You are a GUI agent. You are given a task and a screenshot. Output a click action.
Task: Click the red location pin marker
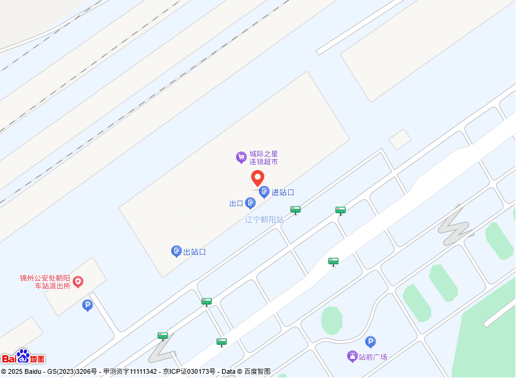pos(258,178)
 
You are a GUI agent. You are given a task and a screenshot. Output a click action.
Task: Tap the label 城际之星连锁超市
pos(264,158)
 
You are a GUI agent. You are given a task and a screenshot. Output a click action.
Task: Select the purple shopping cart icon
pos(241,157)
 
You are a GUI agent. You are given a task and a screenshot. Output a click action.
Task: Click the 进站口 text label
pos(283,192)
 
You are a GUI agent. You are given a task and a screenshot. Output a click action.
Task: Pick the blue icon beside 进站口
pos(264,192)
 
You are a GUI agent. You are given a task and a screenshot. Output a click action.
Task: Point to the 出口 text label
pos(236,204)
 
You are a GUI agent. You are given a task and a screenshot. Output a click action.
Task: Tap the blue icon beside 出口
pos(250,203)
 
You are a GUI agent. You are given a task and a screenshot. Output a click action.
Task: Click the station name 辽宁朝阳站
pos(264,220)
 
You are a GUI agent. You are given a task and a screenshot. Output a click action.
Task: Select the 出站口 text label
pos(195,252)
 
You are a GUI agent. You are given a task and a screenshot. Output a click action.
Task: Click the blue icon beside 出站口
pos(177,251)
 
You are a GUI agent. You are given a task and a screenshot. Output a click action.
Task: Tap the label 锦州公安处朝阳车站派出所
pos(44,282)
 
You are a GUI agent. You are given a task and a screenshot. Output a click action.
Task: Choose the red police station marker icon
pos(78,281)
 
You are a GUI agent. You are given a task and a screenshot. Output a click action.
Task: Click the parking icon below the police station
pos(88,305)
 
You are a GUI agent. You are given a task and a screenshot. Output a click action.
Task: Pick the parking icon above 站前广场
pos(371,341)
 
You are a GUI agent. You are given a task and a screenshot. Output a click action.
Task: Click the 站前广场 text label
pos(373,357)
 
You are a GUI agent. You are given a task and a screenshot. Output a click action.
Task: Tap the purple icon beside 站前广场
pos(353,356)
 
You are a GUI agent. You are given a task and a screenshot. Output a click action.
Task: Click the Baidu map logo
pos(23,357)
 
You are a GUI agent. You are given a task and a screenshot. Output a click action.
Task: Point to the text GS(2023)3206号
pos(72,372)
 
